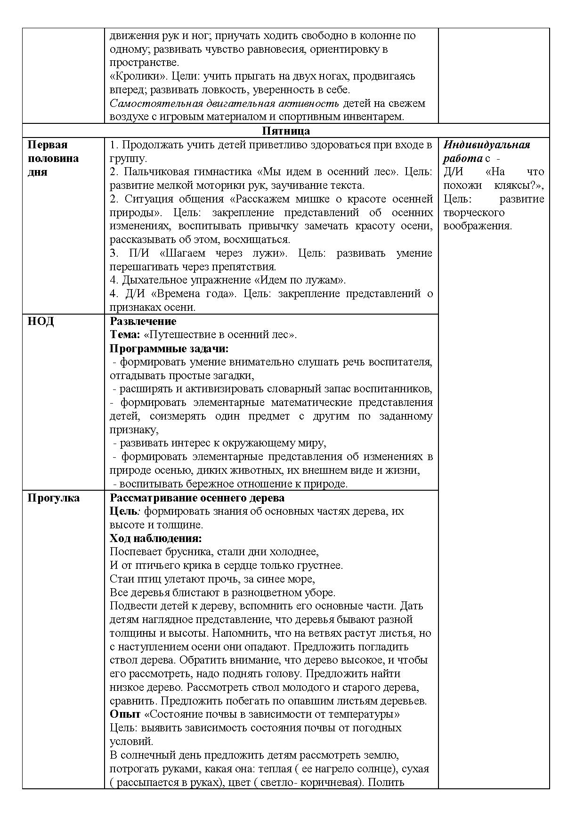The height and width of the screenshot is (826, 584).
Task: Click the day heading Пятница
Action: click(286, 131)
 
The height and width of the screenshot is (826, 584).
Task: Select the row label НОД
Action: click(41, 322)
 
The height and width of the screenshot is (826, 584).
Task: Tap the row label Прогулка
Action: click(54, 498)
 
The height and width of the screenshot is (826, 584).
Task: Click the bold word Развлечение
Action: click(143, 322)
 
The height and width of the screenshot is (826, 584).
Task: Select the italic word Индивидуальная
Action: click(487, 145)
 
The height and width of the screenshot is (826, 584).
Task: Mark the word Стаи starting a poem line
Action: click(120, 579)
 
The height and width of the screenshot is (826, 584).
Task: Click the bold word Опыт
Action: click(125, 714)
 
